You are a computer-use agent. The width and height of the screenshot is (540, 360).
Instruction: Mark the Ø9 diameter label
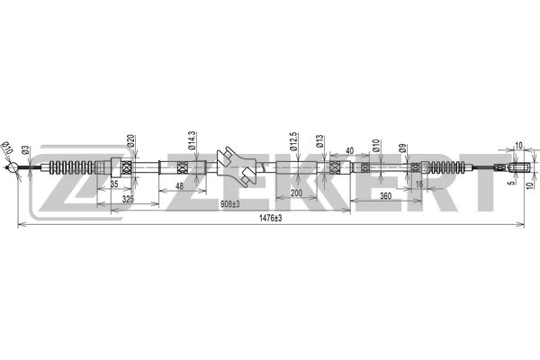403,147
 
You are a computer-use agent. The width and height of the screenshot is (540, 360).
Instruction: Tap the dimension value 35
114,184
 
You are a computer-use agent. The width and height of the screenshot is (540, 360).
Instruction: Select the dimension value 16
419,184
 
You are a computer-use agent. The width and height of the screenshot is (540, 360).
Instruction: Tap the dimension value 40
349,151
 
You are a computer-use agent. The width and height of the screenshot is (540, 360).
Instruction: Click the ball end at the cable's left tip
14,168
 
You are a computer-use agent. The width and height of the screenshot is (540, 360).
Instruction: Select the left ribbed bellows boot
70,167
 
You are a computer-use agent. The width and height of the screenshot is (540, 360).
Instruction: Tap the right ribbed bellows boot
447,167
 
